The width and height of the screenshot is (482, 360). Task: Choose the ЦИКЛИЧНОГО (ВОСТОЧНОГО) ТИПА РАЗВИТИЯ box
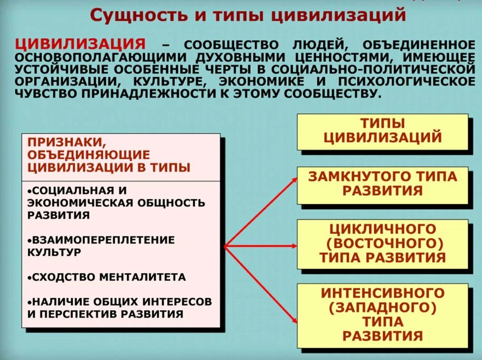pos(382,243)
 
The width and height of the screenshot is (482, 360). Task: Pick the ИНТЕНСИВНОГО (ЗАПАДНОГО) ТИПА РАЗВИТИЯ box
pos(382,314)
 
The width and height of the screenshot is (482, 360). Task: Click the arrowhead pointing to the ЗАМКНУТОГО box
pos(293,179)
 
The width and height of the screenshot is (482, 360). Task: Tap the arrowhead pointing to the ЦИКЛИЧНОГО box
pos(293,246)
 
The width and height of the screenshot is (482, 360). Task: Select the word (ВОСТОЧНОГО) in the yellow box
pos(382,243)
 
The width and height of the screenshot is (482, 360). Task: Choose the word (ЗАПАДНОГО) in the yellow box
pos(382,308)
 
